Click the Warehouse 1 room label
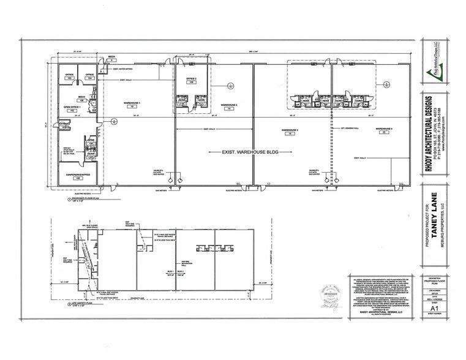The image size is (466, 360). click(x=132, y=103)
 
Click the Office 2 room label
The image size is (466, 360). click(x=192, y=80)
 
